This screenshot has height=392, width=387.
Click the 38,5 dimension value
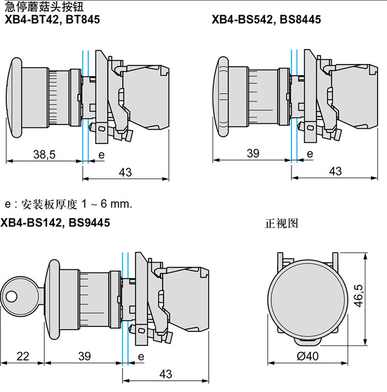coord(44,155)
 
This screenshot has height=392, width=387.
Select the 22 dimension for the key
coord(23,356)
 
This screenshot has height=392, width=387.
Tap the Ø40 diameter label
coord(308,356)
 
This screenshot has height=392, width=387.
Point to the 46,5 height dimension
coord(359,296)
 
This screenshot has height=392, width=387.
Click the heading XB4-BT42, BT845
coord(52,20)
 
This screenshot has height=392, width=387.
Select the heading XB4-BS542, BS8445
coord(266,20)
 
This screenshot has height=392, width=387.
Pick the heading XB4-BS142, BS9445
coord(55,222)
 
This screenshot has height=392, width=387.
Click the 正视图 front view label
coord(281,223)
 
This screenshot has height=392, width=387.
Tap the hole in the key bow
coord(11,297)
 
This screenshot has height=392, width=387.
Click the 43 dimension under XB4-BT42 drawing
coord(125,172)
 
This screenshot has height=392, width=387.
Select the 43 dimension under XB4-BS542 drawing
coord(335,171)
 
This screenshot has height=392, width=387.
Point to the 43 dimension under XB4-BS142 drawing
coord(166,374)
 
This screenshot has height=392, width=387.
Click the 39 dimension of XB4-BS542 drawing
coord(253,153)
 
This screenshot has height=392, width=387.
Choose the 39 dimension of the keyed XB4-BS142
coord(85,356)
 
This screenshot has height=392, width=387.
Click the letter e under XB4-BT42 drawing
coord(101,155)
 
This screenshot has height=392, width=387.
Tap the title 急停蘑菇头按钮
coord(44,6)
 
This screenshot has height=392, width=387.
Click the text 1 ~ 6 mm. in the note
coord(107,204)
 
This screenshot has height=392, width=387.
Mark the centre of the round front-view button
coord(308,300)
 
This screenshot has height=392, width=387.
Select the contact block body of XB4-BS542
coord(354,96)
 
